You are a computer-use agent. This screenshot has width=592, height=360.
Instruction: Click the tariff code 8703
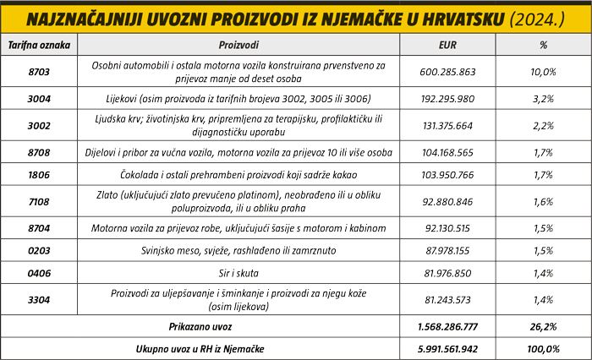point(38,72)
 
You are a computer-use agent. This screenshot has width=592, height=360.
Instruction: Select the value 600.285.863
point(448,72)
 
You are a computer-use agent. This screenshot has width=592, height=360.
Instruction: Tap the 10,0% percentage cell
point(542,72)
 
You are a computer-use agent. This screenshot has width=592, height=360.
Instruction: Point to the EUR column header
point(448,44)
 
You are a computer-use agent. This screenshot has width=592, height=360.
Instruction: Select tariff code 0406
point(38,273)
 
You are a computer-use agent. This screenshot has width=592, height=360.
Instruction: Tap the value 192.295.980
point(448,99)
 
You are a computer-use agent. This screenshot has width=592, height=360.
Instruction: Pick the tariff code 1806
point(38,175)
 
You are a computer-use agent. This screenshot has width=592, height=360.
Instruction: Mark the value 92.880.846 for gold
point(448,202)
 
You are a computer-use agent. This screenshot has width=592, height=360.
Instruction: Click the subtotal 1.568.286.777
point(448,326)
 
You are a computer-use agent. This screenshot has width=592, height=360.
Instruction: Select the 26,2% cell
point(542,326)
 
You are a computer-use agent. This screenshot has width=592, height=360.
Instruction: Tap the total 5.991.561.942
point(448,348)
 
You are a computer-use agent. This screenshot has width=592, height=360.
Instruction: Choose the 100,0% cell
point(542,348)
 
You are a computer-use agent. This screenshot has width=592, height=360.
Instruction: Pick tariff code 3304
point(38,299)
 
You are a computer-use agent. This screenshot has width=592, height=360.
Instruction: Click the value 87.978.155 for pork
point(448,251)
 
